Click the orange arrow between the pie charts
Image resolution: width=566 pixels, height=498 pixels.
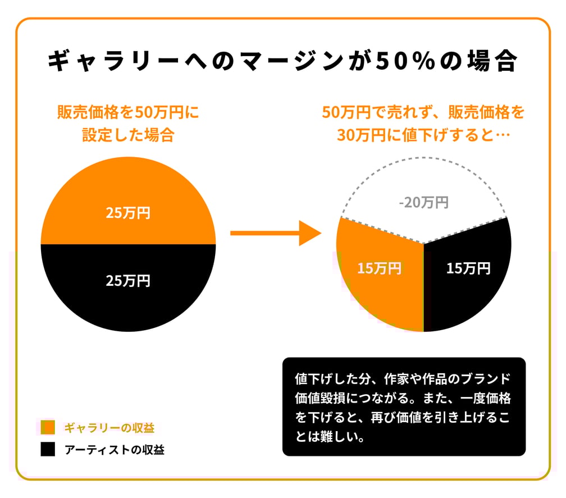pyautogui.click(x=275, y=232)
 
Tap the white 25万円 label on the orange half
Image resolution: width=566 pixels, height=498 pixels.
pyautogui.click(x=128, y=213)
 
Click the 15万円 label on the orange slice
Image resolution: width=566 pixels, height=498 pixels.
pyautogui.click(x=379, y=268)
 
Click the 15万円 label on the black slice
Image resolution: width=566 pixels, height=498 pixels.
pyautogui.click(x=468, y=268)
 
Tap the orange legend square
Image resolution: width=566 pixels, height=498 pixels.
pyautogui.click(x=48, y=427)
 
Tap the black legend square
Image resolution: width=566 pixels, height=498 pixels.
pyautogui.click(x=48, y=449)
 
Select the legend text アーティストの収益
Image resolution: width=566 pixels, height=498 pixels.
pyautogui.click(x=114, y=449)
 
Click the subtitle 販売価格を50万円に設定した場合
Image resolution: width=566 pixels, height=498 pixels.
pyautogui.click(x=128, y=124)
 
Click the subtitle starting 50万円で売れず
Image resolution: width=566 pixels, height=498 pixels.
pyautogui.click(x=423, y=124)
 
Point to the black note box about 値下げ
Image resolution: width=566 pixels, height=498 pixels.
pyautogui.click(x=404, y=406)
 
